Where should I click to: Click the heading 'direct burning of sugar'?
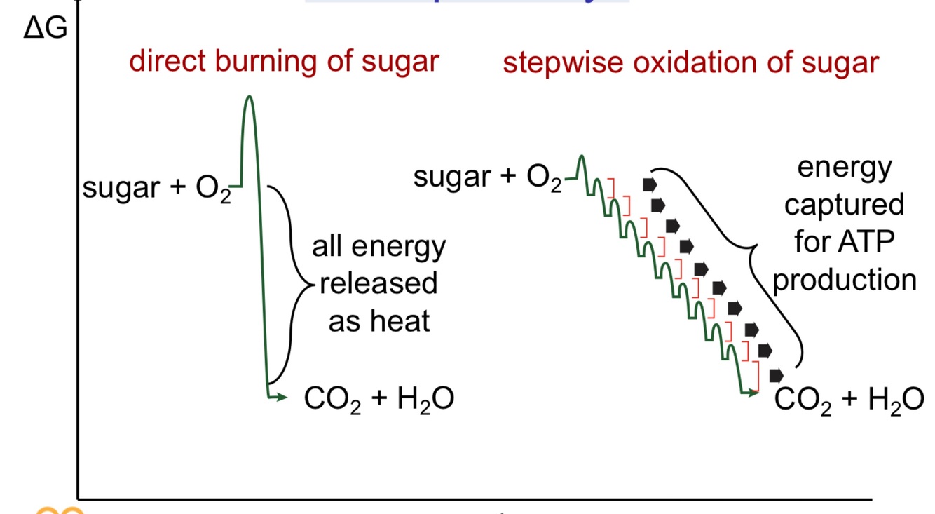[x=284, y=62]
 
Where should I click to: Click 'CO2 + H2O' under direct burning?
[x=378, y=400]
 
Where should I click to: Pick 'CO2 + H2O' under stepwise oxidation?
[x=849, y=401]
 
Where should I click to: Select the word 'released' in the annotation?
[x=378, y=284]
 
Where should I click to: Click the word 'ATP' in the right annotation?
[x=869, y=243]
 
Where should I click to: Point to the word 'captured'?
[x=844, y=205]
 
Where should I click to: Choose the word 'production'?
[x=845, y=280]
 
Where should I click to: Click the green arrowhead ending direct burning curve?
[x=282, y=398]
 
